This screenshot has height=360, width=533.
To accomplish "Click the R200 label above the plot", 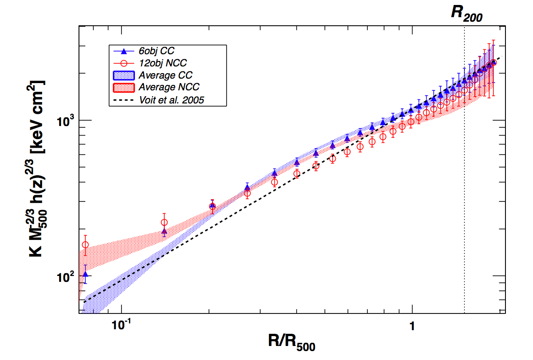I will (467, 13).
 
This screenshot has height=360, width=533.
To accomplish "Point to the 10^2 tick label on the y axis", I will (66, 277).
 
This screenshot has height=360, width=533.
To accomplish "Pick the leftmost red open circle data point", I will (85, 245).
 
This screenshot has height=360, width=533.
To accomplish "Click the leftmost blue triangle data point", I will (85, 274).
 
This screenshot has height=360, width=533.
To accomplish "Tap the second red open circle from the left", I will (164, 222).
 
